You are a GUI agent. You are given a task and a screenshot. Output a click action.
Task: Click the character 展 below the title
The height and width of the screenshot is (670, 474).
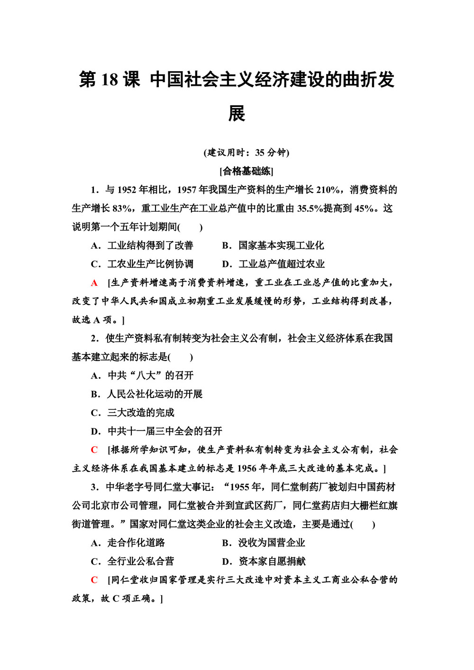(x=237, y=114)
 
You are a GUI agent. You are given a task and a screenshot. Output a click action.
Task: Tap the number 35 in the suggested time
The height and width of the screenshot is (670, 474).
(x=260, y=153)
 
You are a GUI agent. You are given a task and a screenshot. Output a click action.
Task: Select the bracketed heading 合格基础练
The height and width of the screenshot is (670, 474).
(x=246, y=171)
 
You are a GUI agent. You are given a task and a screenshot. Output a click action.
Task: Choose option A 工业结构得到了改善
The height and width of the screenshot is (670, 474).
(x=142, y=245)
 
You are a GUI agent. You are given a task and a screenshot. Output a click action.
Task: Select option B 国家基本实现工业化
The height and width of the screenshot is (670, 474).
(x=273, y=245)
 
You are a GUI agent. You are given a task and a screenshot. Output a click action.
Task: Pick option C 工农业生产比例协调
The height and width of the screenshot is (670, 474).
(x=142, y=264)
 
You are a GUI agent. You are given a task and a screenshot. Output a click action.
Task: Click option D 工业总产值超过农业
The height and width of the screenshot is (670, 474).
(x=273, y=264)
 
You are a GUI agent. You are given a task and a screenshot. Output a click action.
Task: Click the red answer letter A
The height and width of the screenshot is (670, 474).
(x=94, y=283)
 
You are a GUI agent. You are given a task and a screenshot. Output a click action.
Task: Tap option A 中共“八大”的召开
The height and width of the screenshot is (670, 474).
(x=142, y=375)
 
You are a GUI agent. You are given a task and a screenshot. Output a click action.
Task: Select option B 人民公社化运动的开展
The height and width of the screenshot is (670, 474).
(x=147, y=394)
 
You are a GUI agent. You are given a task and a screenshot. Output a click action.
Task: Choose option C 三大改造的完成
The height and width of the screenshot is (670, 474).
(x=133, y=413)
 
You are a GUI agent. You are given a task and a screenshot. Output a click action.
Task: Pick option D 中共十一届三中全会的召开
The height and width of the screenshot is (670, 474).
(x=156, y=431)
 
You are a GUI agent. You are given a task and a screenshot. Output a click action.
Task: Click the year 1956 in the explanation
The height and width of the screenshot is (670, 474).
(x=246, y=469)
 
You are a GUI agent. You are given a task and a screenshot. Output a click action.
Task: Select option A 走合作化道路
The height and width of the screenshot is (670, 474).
(x=128, y=543)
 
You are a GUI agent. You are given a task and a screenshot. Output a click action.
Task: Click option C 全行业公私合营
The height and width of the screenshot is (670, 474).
(x=133, y=561)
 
